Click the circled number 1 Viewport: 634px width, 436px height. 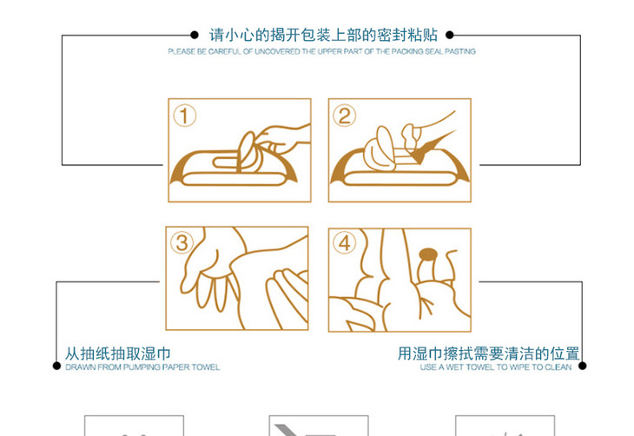pyautogui.click(x=184, y=116)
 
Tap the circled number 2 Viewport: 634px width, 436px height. pyautogui.click(x=345, y=116)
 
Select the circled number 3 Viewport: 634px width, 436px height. pyautogui.click(x=182, y=243)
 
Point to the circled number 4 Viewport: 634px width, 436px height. pyautogui.click(x=345, y=243)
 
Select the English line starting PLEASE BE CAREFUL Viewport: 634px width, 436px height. pyautogui.click(x=322, y=52)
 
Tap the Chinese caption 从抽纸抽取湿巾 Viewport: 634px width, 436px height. pyautogui.click(x=118, y=353)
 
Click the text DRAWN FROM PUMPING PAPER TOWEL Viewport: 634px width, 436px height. pyautogui.click(x=142, y=367)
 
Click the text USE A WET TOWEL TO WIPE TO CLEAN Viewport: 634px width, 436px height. pyautogui.click(x=496, y=367)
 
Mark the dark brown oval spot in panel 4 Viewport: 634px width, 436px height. pyautogui.click(x=427, y=254)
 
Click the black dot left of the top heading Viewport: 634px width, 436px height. pyautogui.click(x=195, y=36)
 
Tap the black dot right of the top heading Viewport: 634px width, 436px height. pyautogui.click(x=449, y=36)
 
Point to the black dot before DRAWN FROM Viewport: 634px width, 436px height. pyautogui.click(x=57, y=367)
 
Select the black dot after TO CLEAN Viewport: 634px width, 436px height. pyautogui.click(x=583, y=367)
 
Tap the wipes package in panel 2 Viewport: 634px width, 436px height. pyautogui.click(x=400, y=174)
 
